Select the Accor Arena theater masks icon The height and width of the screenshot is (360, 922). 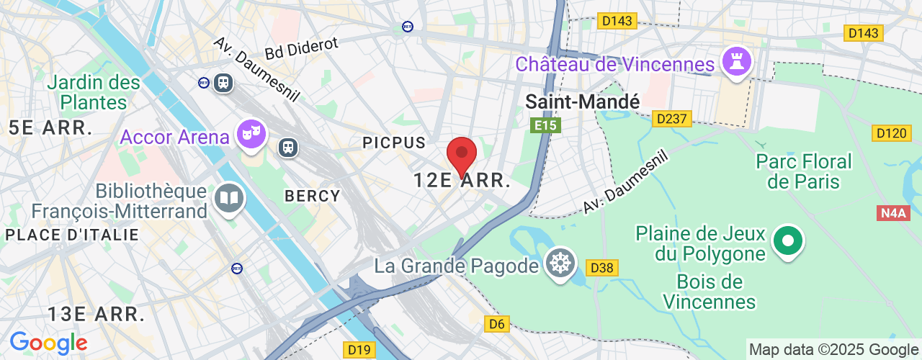coord(251,135)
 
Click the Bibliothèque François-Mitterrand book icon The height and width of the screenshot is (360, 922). coord(230,197)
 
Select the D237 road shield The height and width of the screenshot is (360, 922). coord(672,119)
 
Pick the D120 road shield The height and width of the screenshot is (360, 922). coord(892,133)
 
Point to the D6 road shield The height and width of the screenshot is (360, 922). coord(497,324)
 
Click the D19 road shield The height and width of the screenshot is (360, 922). coord(359,350)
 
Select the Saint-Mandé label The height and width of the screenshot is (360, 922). coord(582,102)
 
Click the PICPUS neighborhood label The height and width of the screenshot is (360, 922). coord(394,143)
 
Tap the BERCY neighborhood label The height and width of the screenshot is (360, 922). coord(313,196)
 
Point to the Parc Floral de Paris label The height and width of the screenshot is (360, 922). coord(804,171)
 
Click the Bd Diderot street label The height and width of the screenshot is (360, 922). coord(301,49)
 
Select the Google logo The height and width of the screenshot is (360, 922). coord(48,343)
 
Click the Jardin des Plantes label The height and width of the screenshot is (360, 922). coord(94,92)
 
